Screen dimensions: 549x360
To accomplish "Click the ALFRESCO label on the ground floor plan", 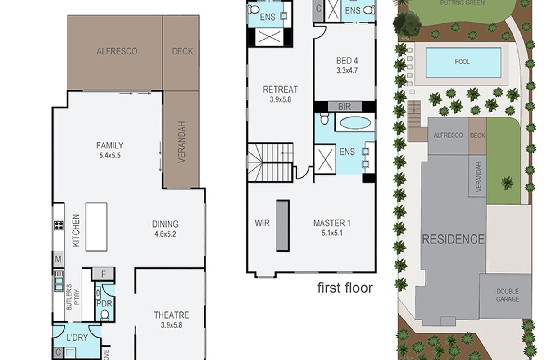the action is [117, 51].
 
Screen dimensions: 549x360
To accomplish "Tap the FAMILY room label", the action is [109, 145].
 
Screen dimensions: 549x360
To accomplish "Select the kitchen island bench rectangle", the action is [96, 227].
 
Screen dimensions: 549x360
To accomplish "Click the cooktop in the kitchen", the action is [59, 225].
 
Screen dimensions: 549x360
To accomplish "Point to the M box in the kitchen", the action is [59, 259].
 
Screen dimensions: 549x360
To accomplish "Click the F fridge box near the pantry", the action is [103, 274].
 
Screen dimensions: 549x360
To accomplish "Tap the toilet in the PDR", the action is [105, 315].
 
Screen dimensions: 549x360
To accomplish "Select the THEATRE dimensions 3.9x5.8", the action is [171, 325].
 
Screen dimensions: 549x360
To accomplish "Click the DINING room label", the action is [165, 224].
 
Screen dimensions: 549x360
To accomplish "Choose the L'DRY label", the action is [77, 337].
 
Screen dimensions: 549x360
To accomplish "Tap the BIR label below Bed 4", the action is [345, 107].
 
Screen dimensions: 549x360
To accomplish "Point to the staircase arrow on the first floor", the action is [287, 153].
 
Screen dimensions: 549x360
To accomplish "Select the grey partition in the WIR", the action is [283, 225].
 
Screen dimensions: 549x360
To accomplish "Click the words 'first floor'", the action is [345, 288].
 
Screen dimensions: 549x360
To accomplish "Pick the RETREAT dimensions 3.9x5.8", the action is [281, 99].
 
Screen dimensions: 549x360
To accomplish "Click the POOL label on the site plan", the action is [462, 62].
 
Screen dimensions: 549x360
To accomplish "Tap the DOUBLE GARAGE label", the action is [508, 295].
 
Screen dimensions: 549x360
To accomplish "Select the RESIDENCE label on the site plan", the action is [453, 239].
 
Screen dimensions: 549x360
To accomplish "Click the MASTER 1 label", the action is [332, 223].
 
